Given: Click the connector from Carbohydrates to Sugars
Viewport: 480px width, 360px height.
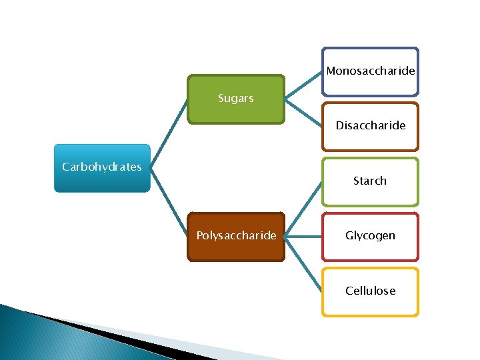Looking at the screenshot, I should [169, 134].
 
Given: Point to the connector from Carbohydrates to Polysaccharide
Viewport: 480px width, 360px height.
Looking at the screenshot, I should [169, 202].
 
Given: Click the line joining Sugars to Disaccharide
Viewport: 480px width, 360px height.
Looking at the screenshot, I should [303, 112].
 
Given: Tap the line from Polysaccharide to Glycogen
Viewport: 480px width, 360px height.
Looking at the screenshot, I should [303, 236].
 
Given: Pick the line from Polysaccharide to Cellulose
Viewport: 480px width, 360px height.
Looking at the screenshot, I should [303, 263].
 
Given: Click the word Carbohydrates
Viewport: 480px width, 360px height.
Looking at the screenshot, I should [101, 167].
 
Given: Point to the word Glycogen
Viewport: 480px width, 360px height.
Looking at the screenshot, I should [370, 235].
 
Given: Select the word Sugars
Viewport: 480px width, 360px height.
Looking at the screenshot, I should [236, 99].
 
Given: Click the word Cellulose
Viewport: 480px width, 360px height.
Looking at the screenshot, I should [370, 291].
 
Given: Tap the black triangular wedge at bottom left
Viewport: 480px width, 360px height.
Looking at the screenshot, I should [100, 333].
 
